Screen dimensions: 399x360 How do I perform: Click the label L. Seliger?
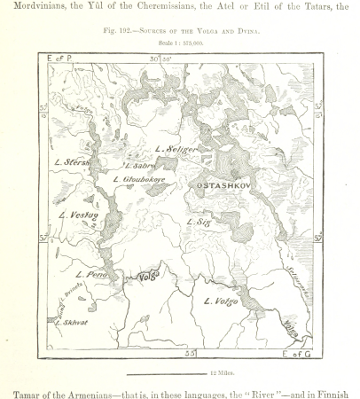174,149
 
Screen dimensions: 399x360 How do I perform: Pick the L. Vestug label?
77,215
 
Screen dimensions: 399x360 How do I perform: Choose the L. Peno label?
91,276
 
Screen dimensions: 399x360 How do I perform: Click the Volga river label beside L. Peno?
145,278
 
